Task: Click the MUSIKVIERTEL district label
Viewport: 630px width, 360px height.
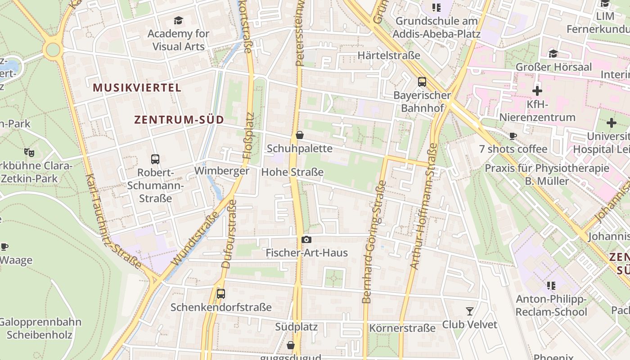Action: pos(137,88)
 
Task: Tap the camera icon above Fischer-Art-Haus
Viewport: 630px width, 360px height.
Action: pos(306,240)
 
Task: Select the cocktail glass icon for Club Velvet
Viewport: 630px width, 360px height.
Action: pos(470,311)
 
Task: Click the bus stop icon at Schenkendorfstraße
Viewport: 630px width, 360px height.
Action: pos(220,294)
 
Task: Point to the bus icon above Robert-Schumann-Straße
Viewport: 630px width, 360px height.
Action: pos(155,159)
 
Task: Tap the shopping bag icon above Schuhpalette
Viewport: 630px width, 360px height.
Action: pos(300,135)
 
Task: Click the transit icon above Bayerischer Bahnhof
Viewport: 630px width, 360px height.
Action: pos(422,82)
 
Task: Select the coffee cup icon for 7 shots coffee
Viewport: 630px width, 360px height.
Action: pos(513,136)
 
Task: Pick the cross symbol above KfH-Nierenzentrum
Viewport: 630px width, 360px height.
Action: pos(537,91)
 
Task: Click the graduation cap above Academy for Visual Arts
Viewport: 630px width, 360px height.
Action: pos(179,21)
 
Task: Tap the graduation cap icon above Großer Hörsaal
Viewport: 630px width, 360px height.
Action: pos(553,54)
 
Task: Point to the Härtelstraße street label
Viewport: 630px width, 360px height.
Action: pos(389,55)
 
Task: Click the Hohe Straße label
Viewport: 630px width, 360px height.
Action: pos(292,172)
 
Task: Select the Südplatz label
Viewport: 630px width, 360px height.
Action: pos(297,327)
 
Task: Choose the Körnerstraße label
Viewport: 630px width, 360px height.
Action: pos(402,328)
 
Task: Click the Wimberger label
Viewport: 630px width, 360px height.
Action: pos(221,171)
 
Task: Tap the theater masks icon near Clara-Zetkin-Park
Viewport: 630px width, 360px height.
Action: pos(29,153)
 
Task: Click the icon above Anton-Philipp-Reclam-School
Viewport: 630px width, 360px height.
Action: pos(551,286)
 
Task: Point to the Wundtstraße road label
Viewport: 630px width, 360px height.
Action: pos(195,238)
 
